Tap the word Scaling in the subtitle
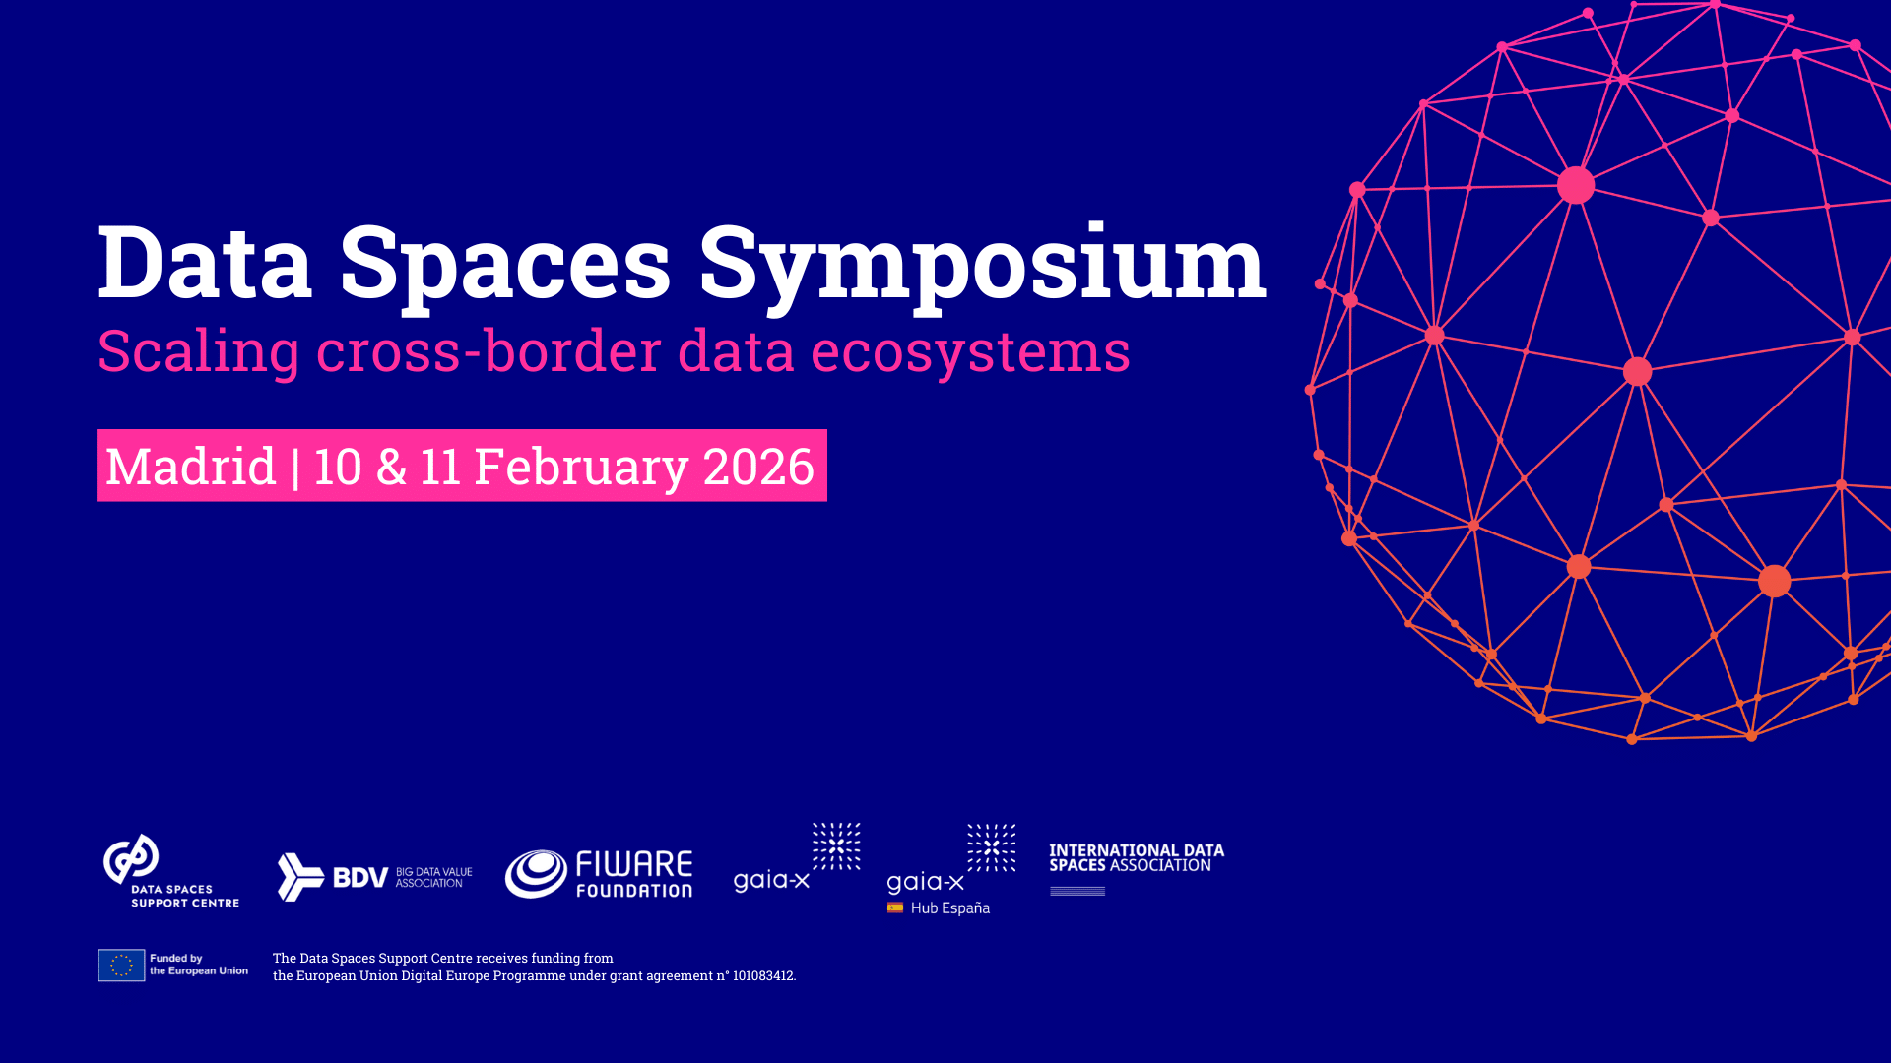[198, 350]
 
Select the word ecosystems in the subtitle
[970, 350]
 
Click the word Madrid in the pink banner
[190, 466]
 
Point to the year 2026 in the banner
[758, 466]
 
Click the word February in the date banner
[580, 466]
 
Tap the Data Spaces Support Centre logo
[170, 871]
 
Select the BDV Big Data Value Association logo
[374, 876]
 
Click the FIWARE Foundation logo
[599, 874]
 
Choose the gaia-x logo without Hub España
[797, 859]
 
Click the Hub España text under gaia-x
[949, 908]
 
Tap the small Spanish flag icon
[895, 907]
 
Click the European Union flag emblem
[121, 966]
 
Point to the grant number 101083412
[762, 976]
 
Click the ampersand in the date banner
[391, 466]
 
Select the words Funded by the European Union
[198, 965]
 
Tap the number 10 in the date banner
[338, 466]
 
